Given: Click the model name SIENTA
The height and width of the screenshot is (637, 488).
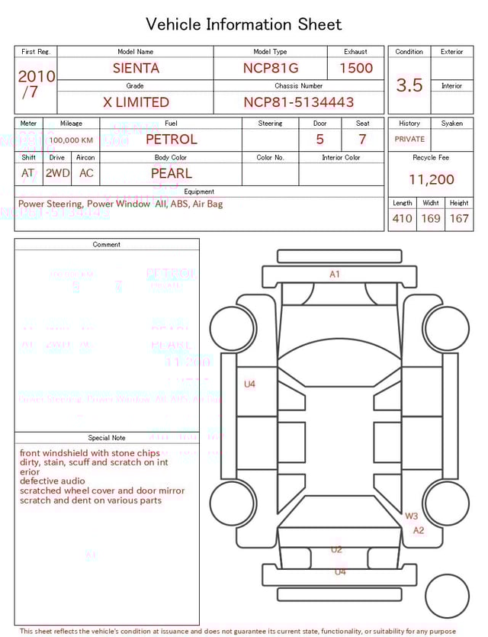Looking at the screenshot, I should click(136, 68).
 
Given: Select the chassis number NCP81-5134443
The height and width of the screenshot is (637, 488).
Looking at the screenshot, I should click(298, 102).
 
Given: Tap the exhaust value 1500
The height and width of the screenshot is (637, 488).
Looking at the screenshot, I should click(356, 68).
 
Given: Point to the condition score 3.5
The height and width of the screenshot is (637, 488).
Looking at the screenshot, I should click(409, 85).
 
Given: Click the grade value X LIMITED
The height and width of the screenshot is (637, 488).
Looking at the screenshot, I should click(136, 102).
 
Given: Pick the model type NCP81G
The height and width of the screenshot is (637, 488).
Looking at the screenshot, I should click(271, 68).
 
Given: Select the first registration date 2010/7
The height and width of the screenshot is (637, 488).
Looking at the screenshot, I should click(36, 84).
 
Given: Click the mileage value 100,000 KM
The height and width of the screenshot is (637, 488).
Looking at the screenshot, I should click(71, 140).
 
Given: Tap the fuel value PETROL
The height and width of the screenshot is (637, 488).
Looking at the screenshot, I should click(172, 140).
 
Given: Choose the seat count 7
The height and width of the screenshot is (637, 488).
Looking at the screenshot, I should click(362, 140).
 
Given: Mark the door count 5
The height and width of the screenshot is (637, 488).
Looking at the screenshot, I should click(320, 140).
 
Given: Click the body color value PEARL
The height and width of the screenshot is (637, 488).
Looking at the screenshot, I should click(172, 173).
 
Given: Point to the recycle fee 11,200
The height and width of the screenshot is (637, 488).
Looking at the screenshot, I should click(431, 180).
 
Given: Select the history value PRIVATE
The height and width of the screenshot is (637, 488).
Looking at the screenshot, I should click(409, 140).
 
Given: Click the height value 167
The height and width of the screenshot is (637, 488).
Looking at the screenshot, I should click(459, 218).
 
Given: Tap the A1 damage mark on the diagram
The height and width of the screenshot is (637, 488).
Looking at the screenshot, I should click(335, 275).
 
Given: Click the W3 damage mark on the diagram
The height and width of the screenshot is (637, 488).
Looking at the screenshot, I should click(412, 516).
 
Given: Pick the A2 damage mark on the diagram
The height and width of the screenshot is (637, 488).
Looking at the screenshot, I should click(419, 530).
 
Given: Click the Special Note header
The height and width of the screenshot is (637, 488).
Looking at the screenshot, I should click(107, 438).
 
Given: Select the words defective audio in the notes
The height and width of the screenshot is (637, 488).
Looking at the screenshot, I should click(52, 481).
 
